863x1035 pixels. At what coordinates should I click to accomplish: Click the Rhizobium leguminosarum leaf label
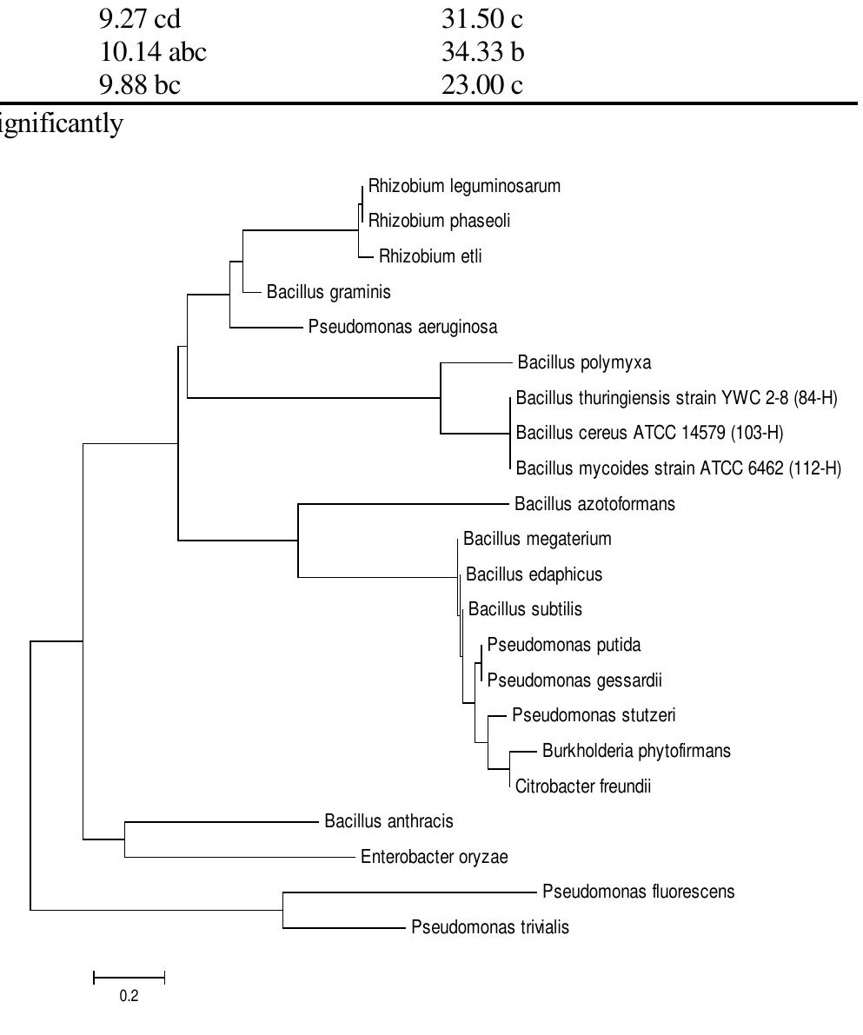click(x=464, y=186)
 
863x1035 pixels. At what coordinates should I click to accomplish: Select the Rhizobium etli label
click(x=430, y=256)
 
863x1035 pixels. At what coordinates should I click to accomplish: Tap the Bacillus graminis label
click(x=329, y=292)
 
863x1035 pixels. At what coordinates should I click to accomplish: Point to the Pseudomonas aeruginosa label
click(x=402, y=328)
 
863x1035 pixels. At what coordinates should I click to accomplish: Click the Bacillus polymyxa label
click(x=583, y=362)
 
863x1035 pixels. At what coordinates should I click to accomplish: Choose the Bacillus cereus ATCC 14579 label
click(x=649, y=433)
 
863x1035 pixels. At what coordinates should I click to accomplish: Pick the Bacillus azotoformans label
click(x=594, y=504)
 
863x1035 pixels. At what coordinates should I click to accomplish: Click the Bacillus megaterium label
click(x=537, y=539)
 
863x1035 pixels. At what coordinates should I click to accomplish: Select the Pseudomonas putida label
click(x=563, y=645)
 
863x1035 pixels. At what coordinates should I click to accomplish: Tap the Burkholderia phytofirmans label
click(x=636, y=751)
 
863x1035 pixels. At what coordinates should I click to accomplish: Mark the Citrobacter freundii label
click(x=582, y=787)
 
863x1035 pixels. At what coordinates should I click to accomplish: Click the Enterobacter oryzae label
click(x=434, y=858)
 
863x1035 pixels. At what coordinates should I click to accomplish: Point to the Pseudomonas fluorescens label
click(x=638, y=892)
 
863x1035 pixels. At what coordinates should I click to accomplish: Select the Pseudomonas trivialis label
click(x=490, y=927)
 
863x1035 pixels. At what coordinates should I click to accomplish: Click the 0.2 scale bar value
click(x=129, y=996)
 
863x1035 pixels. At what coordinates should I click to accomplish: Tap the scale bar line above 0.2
click(x=129, y=979)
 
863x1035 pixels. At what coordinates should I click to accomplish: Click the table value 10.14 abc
click(x=153, y=53)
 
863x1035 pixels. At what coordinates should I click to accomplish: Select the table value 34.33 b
click(x=482, y=53)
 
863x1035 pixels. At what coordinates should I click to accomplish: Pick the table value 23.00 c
click(x=481, y=85)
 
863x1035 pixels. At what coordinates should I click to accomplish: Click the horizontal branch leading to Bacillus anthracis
click(x=222, y=821)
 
